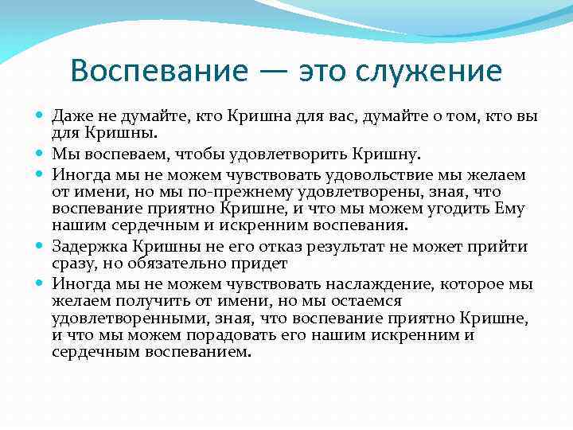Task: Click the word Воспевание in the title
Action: (x=158, y=71)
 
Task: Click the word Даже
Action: (x=72, y=116)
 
